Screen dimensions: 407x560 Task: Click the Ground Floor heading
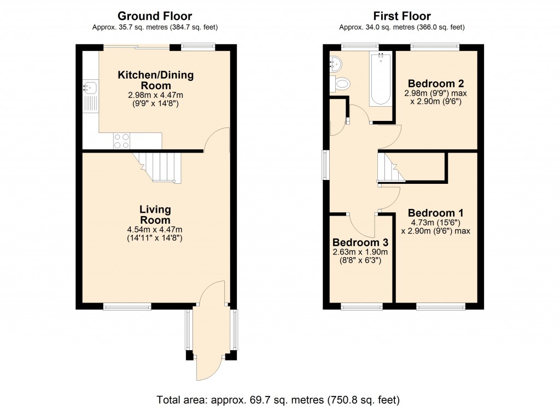click(155, 16)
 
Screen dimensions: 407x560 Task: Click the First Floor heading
click(402, 16)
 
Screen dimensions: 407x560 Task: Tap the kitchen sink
click(90, 88)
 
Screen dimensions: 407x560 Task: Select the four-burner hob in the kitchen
click(121, 141)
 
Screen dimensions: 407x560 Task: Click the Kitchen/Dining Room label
click(156, 80)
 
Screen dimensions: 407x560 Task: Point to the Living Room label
click(155, 215)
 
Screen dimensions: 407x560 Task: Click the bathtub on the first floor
click(380, 79)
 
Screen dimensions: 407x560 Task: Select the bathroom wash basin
click(335, 63)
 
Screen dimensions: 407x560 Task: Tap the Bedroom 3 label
click(360, 242)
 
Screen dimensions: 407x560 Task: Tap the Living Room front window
click(127, 306)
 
